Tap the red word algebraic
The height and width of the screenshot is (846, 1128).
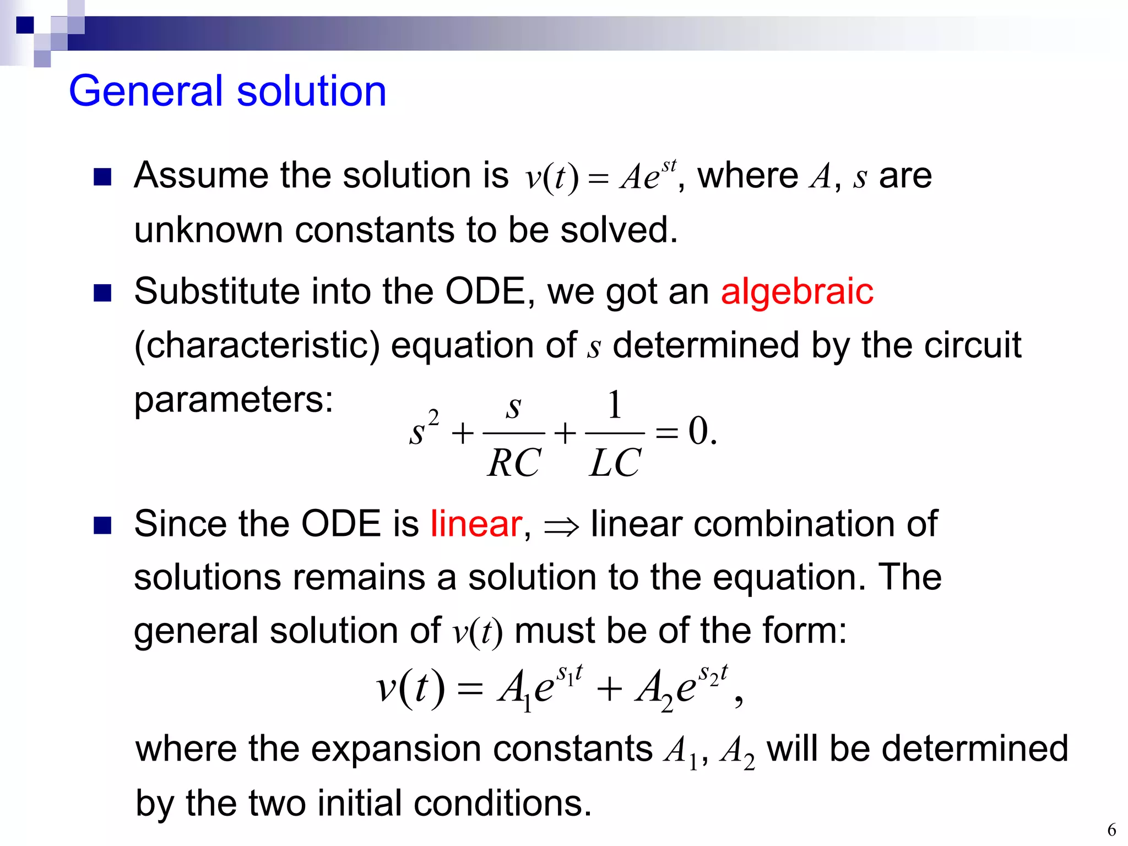click(796, 291)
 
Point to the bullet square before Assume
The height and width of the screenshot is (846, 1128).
click(102, 177)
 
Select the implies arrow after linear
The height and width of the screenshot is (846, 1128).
click(561, 527)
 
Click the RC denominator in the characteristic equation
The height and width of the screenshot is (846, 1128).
click(513, 463)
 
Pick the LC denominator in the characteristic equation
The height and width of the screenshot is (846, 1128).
click(614, 463)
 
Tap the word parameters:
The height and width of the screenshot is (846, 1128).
click(234, 400)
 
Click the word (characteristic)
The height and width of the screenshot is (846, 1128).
click(257, 346)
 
